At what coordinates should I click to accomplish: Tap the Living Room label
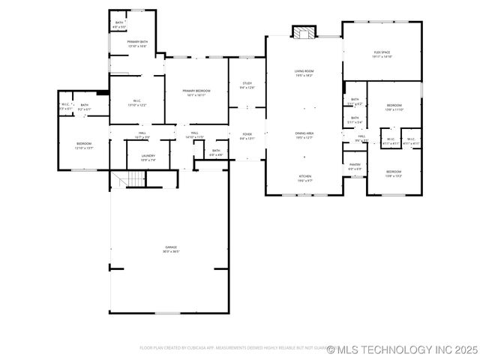tap(303, 72)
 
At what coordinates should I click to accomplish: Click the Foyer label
tap(247, 135)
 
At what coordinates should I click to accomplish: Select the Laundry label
tap(148, 156)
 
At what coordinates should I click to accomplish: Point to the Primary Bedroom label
tap(196, 91)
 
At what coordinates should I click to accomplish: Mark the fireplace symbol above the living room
tap(304, 33)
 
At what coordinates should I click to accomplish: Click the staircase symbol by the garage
tap(132, 178)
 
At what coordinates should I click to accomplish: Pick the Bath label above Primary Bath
tap(119, 23)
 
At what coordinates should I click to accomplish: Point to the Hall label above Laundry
tap(142, 133)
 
